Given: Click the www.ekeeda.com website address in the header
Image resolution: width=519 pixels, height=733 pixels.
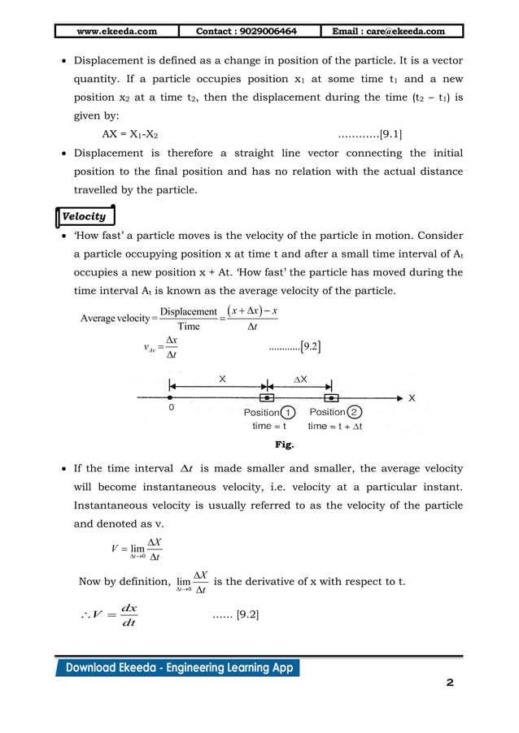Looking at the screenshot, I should pyautogui.click(x=116, y=31).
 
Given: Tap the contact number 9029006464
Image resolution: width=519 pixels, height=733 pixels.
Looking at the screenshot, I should pyautogui.click(x=246, y=31).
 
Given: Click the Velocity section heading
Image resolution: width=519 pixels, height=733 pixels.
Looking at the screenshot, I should pyautogui.click(x=84, y=216).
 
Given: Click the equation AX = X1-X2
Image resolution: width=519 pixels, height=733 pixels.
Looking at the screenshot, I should pyautogui.click(x=130, y=134).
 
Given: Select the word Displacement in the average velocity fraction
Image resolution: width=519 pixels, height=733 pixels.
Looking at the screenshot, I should pyautogui.click(x=189, y=311).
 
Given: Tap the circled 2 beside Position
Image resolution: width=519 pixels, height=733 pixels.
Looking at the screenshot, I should pyautogui.click(x=354, y=413).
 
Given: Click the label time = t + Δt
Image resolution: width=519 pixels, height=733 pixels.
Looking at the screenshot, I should pyautogui.click(x=335, y=426).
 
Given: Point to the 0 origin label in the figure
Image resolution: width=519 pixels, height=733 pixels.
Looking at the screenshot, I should pyautogui.click(x=172, y=409).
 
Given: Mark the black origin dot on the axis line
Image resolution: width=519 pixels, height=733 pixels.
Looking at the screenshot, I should pyautogui.click(x=169, y=397).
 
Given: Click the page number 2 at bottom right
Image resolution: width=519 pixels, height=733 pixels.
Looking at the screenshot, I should pyautogui.click(x=449, y=683).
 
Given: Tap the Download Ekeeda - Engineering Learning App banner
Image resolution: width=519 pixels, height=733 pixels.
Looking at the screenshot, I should pyautogui.click(x=177, y=668).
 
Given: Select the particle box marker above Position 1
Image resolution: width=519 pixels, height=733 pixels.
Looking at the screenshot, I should pyautogui.click(x=266, y=398).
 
